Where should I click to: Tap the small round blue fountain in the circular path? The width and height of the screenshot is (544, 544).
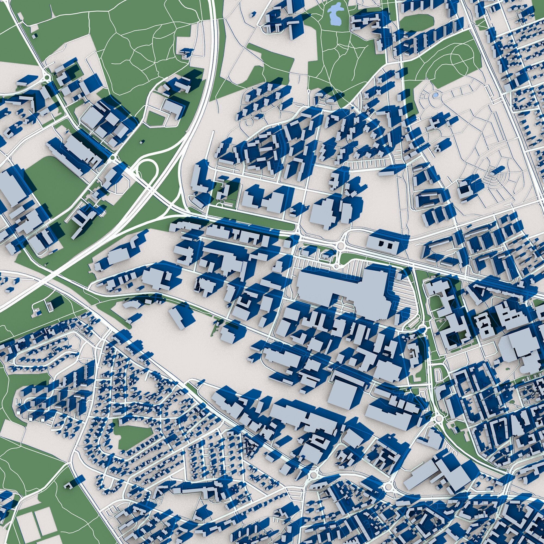435,95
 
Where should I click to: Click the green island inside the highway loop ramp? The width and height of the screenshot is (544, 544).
147,169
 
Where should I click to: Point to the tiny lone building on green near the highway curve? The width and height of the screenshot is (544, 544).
143,142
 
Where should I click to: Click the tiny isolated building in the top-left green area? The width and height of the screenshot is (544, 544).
34,36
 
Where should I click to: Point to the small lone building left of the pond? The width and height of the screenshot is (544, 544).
253,13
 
